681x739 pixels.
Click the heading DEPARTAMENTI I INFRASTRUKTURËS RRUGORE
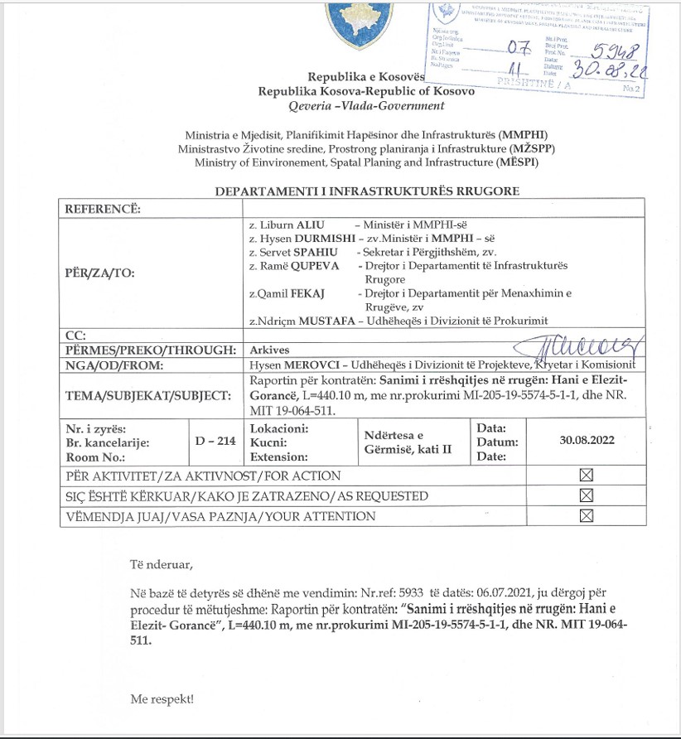(367, 191)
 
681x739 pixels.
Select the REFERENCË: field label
(103, 208)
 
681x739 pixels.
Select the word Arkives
(269, 350)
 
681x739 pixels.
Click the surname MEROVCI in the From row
(315, 364)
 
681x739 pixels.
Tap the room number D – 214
(215, 441)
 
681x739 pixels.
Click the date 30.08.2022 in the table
(587, 441)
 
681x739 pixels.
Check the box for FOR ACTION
(587, 476)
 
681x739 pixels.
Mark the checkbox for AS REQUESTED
(587, 495)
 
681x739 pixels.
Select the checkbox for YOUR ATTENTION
(587, 515)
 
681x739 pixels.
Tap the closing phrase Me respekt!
(162, 699)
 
